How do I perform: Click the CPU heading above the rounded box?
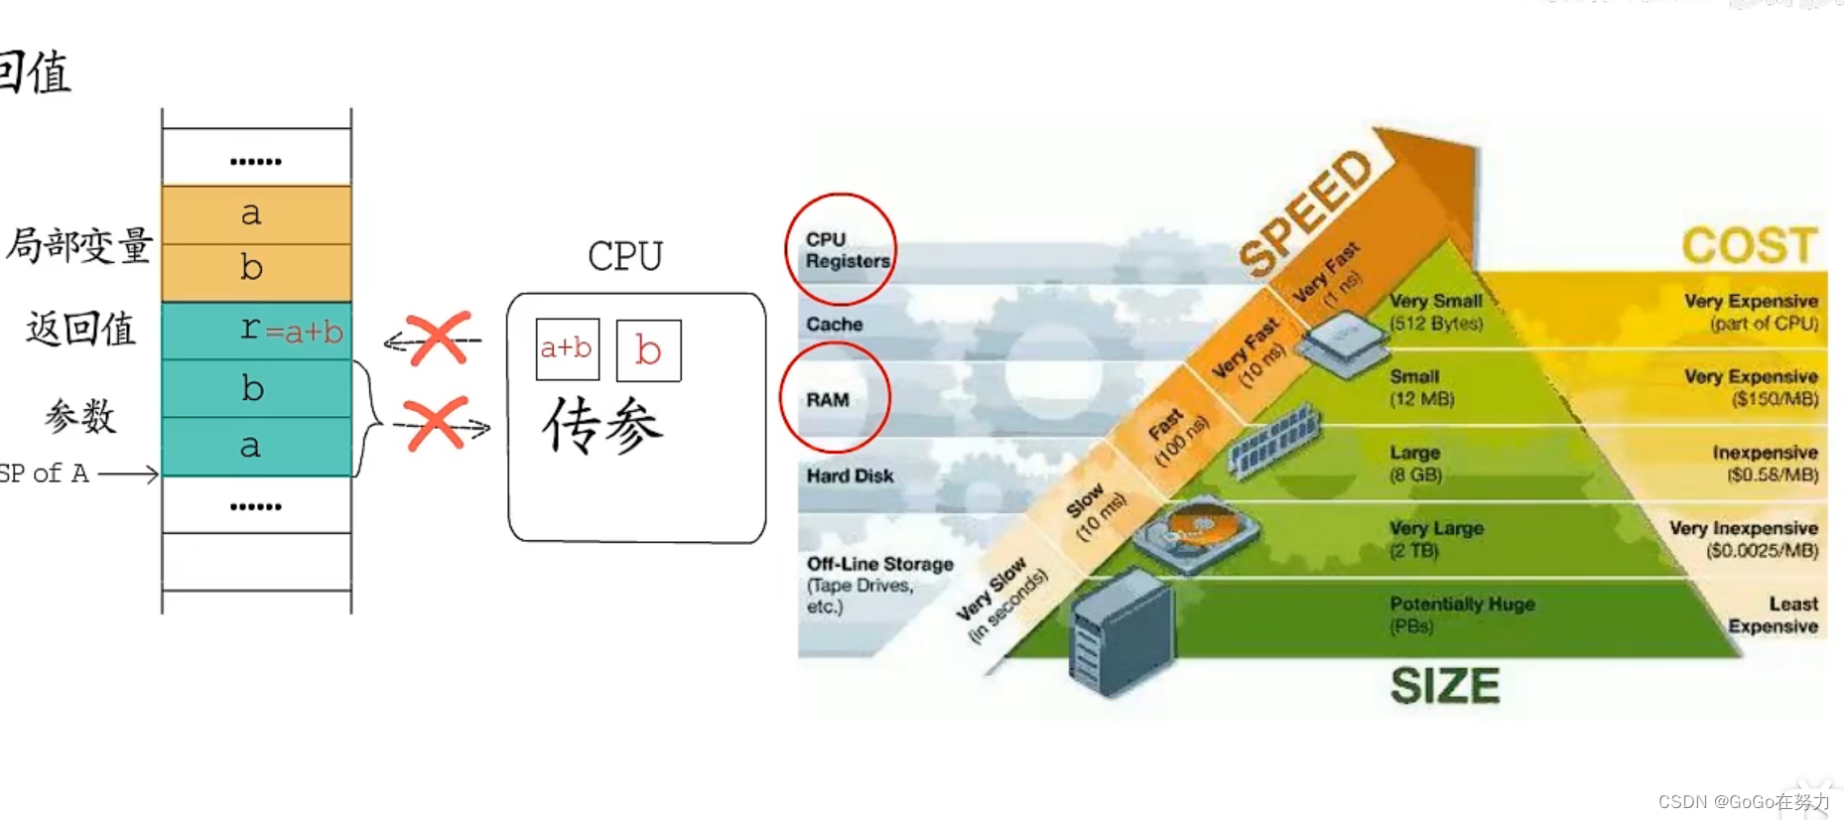click(624, 256)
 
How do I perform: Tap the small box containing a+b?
click(567, 348)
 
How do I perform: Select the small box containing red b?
click(648, 350)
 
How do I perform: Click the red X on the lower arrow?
click(435, 425)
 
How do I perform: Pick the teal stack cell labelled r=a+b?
click(256, 331)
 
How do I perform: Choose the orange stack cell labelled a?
click(256, 214)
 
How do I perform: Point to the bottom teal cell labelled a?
click(256, 447)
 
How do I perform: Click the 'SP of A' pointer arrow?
click(127, 475)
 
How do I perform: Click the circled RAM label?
click(829, 399)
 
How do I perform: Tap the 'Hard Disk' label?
click(850, 476)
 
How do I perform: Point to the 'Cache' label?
click(834, 324)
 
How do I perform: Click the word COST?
click(1749, 245)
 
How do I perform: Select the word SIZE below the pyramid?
click(1444, 686)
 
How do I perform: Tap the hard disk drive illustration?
click(1196, 536)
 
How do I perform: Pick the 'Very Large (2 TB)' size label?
click(1435, 539)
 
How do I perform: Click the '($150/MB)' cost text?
click(1774, 399)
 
